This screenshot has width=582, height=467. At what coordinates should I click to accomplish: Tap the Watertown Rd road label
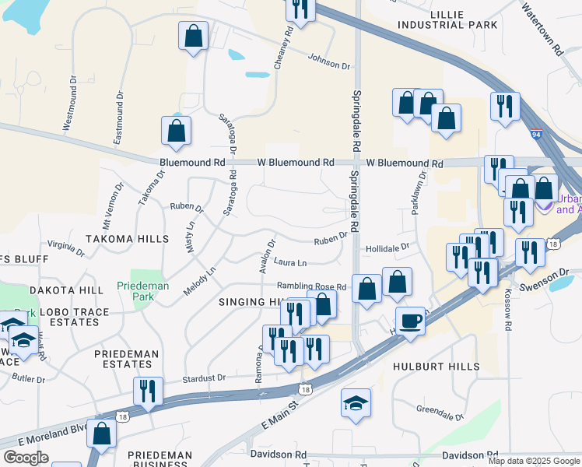[x=542, y=32]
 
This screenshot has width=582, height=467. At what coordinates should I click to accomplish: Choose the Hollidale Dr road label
[x=387, y=247]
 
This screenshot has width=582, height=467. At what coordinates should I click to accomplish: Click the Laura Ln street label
[x=289, y=263]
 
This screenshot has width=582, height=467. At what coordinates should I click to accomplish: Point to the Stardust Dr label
[x=204, y=378]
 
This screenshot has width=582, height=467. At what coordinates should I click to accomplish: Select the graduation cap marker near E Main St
[x=356, y=402]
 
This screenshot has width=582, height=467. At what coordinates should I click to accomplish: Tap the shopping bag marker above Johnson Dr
[x=192, y=36]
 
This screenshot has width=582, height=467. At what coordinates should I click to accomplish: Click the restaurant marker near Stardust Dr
[x=148, y=391]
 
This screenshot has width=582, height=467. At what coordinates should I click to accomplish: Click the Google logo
[x=26, y=458]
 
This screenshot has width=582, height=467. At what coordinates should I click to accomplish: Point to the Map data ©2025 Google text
[x=533, y=461]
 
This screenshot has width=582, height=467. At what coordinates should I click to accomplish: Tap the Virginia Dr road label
[x=65, y=247]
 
